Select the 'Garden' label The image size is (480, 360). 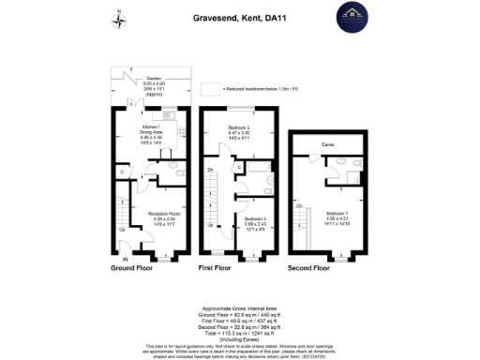153,80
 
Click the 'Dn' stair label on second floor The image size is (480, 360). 299,204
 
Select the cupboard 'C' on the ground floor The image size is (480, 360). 122,171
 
